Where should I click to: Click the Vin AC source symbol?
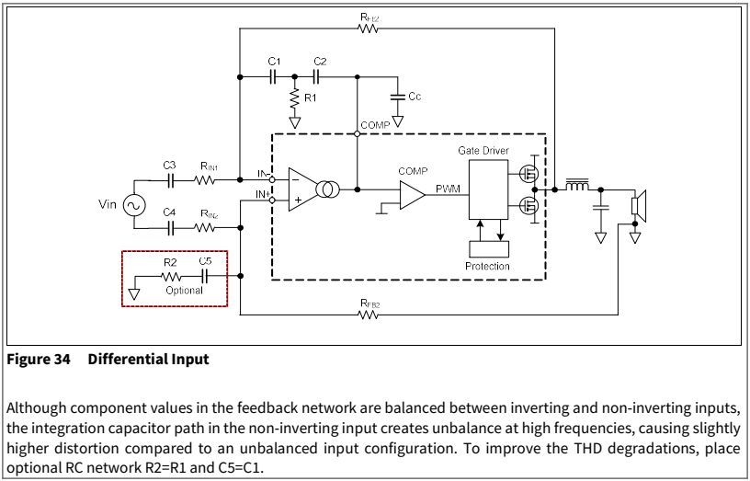click(x=131, y=204)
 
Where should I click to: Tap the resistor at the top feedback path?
click(x=369, y=28)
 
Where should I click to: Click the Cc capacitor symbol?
click(x=397, y=96)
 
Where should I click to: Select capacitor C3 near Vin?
click(x=169, y=179)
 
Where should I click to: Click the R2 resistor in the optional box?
click(x=170, y=275)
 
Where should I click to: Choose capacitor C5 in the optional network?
click(x=205, y=275)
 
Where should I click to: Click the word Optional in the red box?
click(x=184, y=290)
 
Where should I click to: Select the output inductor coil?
click(x=576, y=187)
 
